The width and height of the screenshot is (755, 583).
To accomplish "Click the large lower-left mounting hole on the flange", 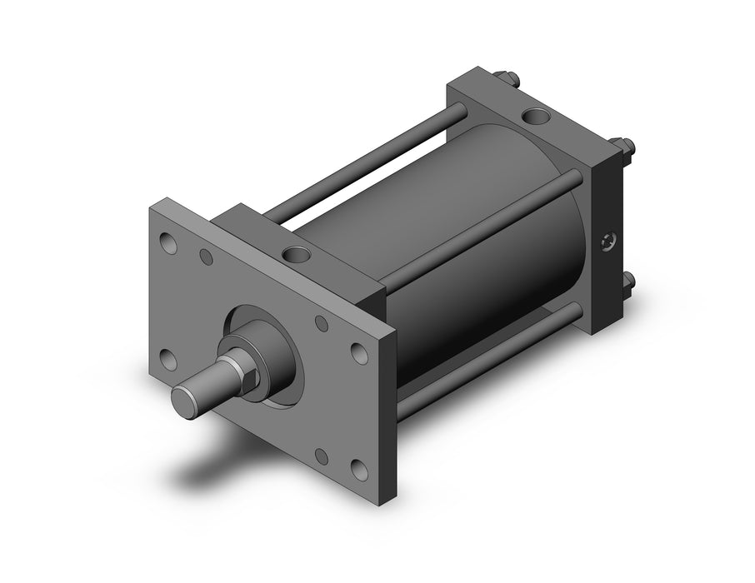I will (167, 360).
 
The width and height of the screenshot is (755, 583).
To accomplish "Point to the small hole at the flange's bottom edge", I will (322, 457).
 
